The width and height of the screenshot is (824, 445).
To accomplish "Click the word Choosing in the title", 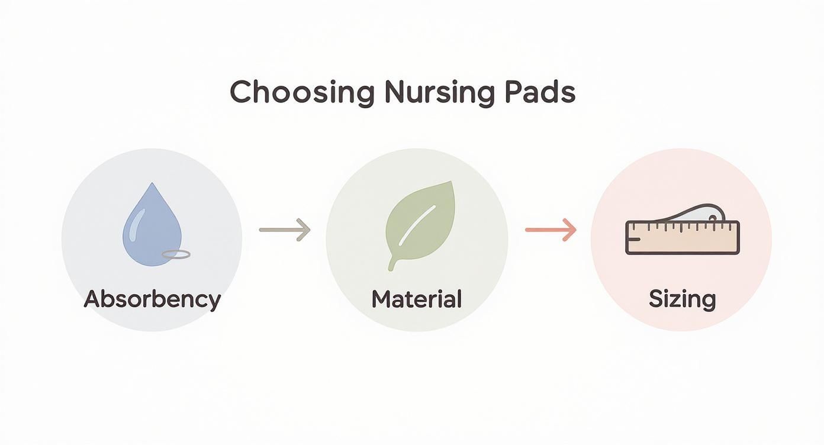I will point(302,93).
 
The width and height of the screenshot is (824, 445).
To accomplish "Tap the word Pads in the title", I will point(540,93).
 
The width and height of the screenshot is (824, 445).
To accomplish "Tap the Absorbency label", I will point(152,299).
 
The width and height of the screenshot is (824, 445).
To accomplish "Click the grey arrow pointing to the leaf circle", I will point(285,230).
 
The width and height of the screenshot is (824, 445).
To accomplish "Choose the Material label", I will point(416,299).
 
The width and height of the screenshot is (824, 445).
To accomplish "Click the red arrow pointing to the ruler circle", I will point(551,230).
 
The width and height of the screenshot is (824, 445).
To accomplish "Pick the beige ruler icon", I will point(682,238).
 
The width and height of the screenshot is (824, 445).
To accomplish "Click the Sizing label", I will point(682,299).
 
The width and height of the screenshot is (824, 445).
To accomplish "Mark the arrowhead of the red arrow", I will point(570,230).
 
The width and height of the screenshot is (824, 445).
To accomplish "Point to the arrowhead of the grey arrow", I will point(304,230).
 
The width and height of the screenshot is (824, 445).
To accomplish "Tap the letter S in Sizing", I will point(655,299).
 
